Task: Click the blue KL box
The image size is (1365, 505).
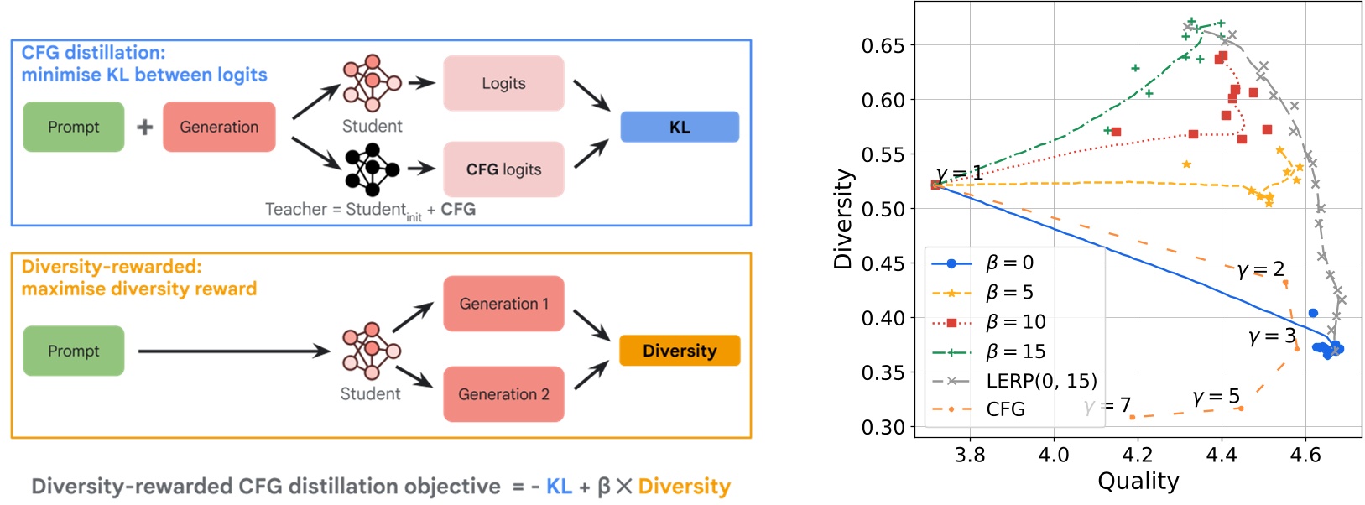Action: [x=680, y=128]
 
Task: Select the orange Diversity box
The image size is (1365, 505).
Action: [x=680, y=351]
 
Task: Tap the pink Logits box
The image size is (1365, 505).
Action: [x=503, y=83]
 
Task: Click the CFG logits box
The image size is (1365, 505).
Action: [x=503, y=169]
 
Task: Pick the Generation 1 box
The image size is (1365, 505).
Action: [x=503, y=304]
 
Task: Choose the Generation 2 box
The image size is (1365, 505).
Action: [x=503, y=394]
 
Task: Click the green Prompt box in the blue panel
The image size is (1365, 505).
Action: [x=74, y=128]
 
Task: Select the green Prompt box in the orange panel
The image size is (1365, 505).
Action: [x=74, y=351]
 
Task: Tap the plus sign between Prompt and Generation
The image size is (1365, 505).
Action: [x=144, y=128]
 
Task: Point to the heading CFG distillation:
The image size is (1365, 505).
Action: [x=93, y=53]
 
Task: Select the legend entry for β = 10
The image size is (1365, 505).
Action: [x=1015, y=322]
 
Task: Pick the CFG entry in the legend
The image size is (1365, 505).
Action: [x=1005, y=409]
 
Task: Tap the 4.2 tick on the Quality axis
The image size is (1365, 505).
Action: [x=1137, y=455]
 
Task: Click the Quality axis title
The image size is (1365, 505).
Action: [x=1138, y=482]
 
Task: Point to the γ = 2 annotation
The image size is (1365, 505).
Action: [x=1260, y=269]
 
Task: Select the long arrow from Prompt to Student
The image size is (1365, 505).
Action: [x=235, y=351]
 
